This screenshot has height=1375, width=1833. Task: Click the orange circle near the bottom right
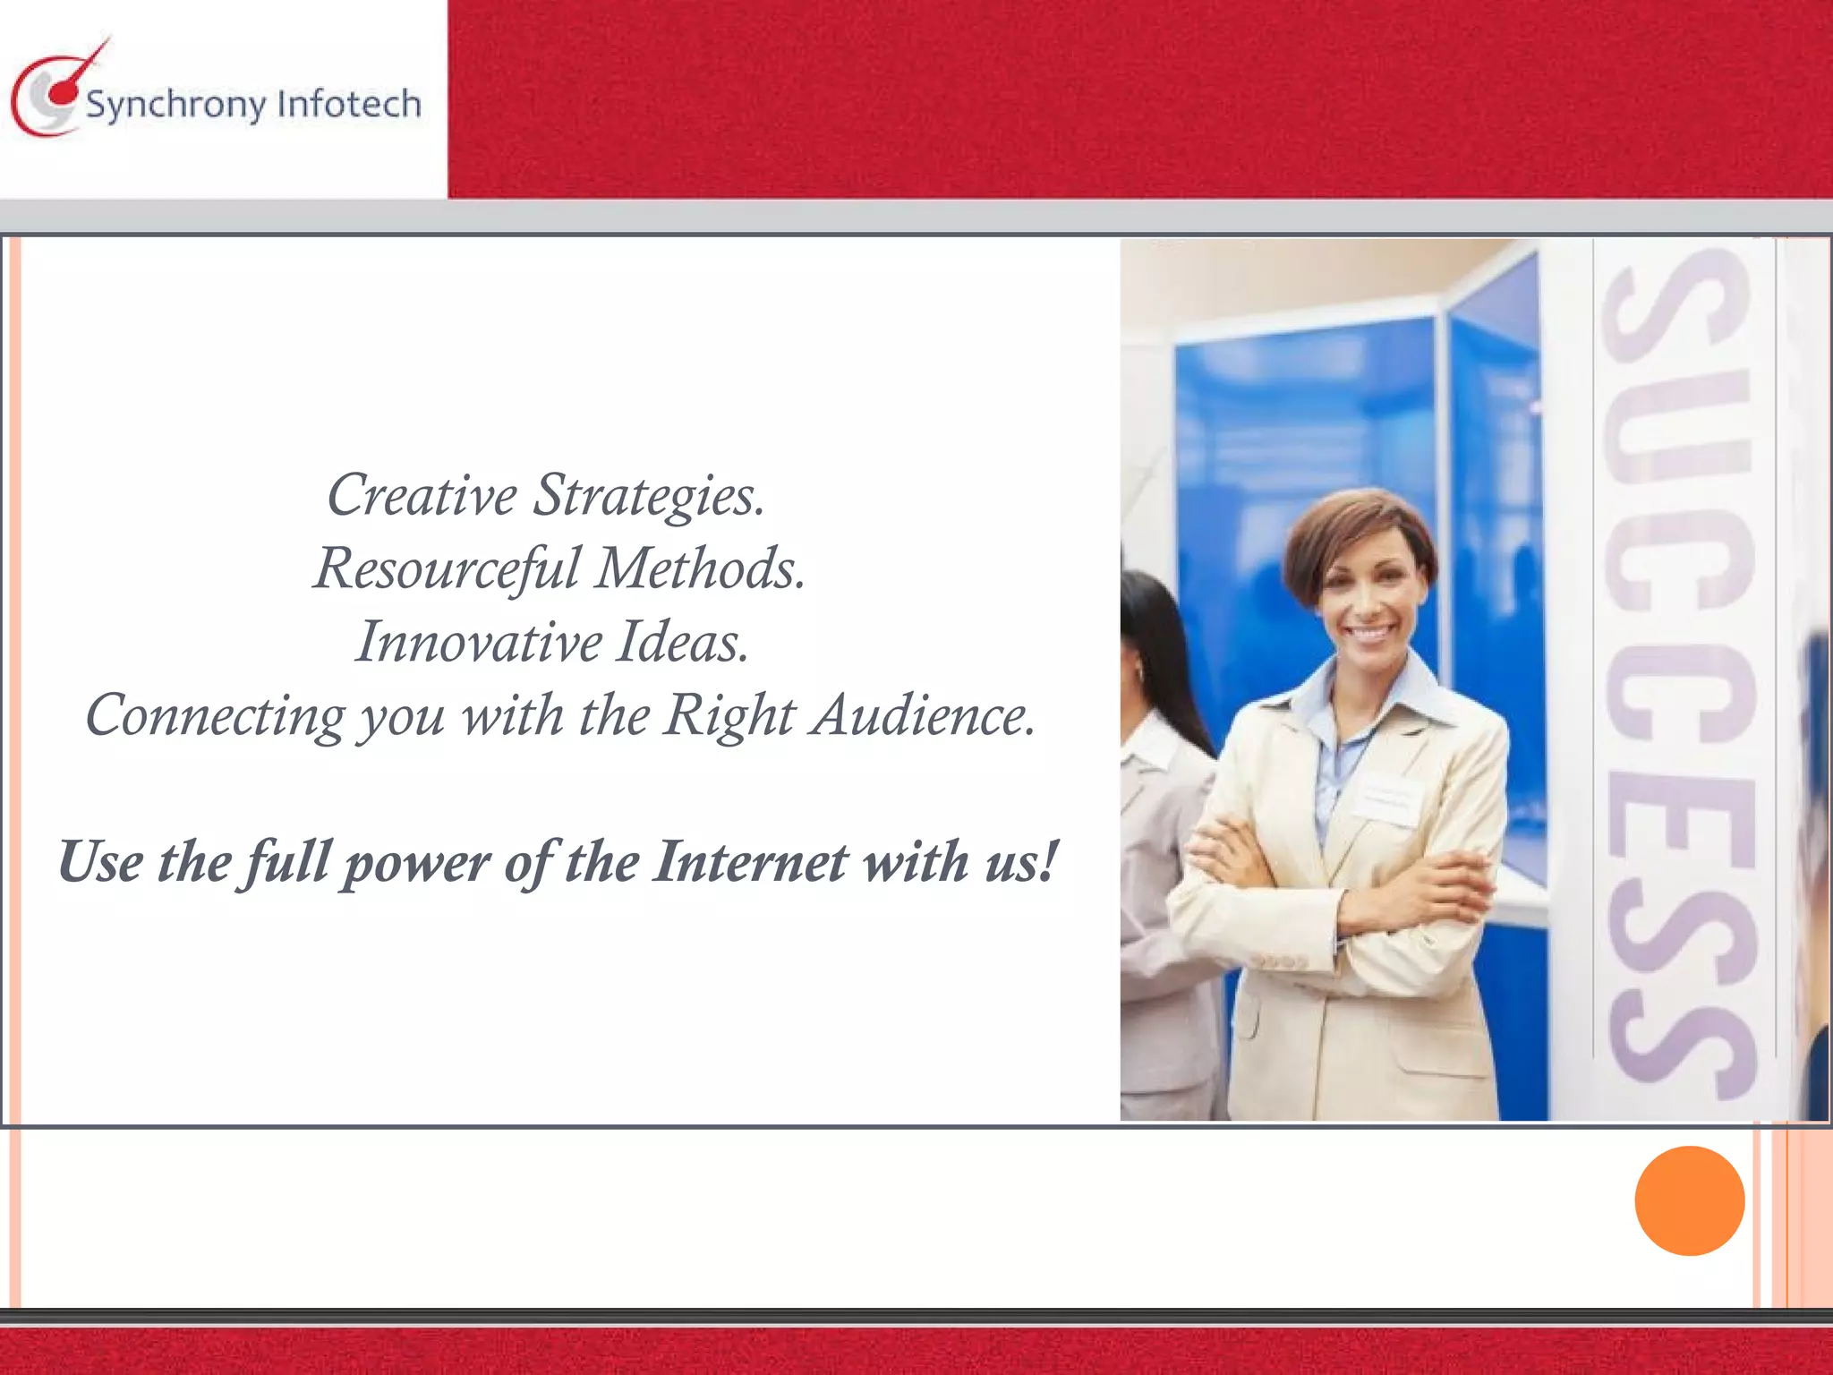tap(1689, 1200)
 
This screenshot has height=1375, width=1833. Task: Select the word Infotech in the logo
tap(349, 104)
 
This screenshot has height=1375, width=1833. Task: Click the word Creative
tap(422, 494)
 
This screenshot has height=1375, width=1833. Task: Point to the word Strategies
tap(649, 496)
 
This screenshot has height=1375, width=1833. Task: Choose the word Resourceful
tap(447, 568)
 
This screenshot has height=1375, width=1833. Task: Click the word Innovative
tap(479, 642)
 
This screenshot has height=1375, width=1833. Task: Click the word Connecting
tap(215, 716)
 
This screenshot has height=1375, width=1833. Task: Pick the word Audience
tap(923, 716)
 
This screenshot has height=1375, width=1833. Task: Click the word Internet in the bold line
tap(749, 861)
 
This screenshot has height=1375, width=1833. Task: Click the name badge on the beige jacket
tap(1386, 800)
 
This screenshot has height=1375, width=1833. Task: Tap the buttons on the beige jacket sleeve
tap(1279, 961)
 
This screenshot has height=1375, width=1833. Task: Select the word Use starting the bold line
tap(100, 861)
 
